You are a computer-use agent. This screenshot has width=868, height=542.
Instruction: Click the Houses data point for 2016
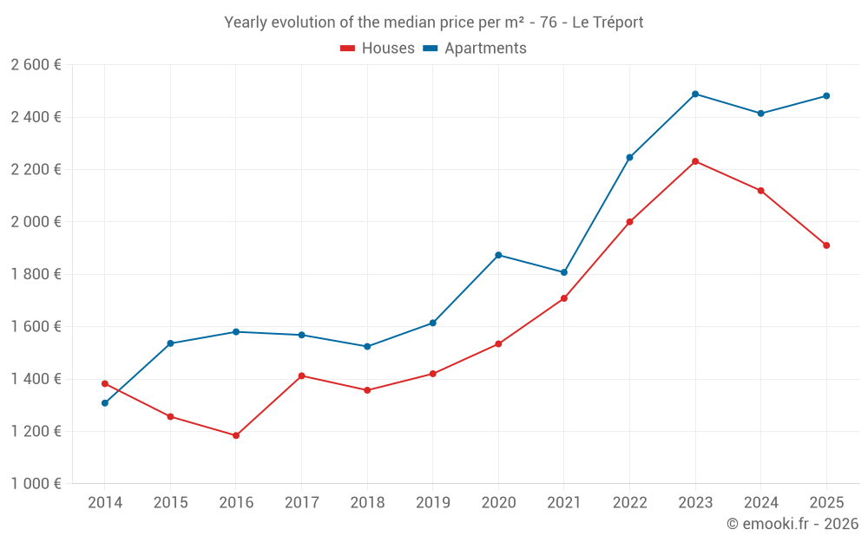(x=236, y=435)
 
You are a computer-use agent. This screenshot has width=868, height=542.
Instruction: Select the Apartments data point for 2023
(x=695, y=94)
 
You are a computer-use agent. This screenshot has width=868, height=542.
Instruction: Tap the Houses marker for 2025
(x=826, y=245)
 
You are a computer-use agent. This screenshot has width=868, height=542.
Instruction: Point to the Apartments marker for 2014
(x=105, y=403)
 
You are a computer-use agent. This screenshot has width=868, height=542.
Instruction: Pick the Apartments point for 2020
(x=498, y=255)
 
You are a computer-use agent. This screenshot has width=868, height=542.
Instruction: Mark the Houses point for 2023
(x=695, y=161)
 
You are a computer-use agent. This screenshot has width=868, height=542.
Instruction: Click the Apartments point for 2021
(x=564, y=272)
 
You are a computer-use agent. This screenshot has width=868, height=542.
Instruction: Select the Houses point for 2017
(x=301, y=375)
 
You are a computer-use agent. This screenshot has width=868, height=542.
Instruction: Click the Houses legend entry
(x=378, y=49)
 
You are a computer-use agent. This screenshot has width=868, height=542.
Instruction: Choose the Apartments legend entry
(x=475, y=49)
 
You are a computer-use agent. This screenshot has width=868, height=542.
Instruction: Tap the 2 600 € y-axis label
(x=36, y=65)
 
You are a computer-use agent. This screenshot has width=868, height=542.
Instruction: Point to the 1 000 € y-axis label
(x=36, y=484)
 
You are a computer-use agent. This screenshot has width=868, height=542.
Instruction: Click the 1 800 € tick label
(x=36, y=274)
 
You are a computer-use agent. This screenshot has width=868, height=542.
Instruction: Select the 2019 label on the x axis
(x=432, y=502)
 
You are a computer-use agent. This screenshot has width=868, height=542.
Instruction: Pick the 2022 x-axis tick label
(x=629, y=502)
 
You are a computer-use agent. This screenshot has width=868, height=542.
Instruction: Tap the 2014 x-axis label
(x=105, y=502)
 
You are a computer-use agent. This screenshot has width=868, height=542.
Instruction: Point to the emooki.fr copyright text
(x=792, y=524)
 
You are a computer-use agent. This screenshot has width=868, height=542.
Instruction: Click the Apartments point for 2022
(x=629, y=157)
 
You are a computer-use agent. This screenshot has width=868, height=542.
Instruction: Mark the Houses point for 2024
(x=761, y=191)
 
